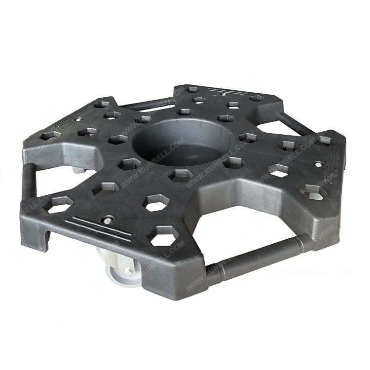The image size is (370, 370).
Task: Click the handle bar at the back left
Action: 143,104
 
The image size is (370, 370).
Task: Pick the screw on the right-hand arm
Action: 319,165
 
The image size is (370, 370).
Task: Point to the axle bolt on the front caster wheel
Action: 128,271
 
